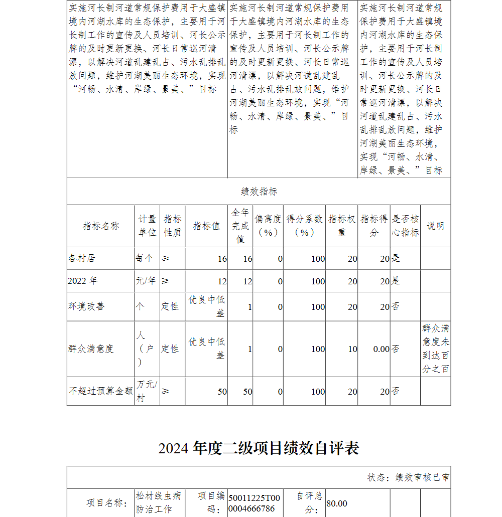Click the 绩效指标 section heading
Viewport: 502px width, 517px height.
pos(259,192)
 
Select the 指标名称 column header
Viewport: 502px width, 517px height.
pos(101,226)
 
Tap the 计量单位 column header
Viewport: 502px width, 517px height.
pos(147,226)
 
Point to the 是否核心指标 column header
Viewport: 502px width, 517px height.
pos(405,226)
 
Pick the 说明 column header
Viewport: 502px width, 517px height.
pos(435,226)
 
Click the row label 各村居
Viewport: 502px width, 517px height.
pos(81,258)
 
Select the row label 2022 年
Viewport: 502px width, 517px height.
pos(82,281)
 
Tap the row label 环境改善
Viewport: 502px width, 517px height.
pos(86,306)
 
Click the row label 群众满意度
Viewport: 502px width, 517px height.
pos(91,349)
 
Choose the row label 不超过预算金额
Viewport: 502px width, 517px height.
pos(100,391)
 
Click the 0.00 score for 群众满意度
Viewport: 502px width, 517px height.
pos(381,349)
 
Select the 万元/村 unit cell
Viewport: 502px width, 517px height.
pos(147,391)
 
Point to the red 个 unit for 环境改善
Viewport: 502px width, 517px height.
pos(140,306)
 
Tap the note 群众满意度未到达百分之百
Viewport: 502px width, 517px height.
pos(435,349)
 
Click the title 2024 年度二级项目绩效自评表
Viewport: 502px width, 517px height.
pos(259,448)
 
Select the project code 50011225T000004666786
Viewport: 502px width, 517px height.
pos(254,503)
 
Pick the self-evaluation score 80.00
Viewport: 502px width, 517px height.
pos(337,503)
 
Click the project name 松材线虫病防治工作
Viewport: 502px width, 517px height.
pos(158,502)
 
